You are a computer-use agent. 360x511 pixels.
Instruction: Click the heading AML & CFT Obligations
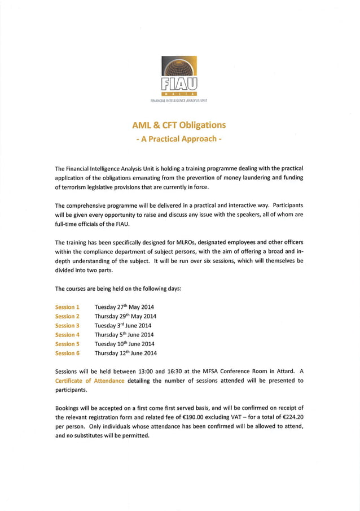pyautogui.click(x=179, y=125)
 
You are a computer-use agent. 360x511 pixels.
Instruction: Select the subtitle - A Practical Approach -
pyautogui.click(x=179, y=138)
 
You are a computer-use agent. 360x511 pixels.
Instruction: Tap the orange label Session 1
pyautogui.click(x=67, y=307)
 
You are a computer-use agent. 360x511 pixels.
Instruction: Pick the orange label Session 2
pyautogui.click(x=67, y=316)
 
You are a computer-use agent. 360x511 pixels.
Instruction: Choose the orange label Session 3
pyautogui.click(x=67, y=326)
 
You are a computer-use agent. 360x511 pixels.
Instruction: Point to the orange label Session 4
pyautogui.click(x=67, y=335)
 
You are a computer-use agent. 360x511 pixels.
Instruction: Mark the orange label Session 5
pyautogui.click(x=67, y=344)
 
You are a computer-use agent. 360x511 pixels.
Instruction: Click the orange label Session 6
pyautogui.click(x=67, y=353)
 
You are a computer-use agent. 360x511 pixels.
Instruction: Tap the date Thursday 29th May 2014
pyautogui.click(x=125, y=316)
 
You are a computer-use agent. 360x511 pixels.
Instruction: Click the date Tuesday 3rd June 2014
pyautogui.click(x=122, y=326)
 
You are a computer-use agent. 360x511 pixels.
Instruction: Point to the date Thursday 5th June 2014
pyautogui.click(x=124, y=335)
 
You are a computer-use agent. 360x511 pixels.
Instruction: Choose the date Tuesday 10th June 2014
pyautogui.click(x=124, y=344)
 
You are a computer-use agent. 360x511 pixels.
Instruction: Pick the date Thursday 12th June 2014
pyautogui.click(x=125, y=353)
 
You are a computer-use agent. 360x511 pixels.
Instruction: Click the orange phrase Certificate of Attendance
pyautogui.click(x=90, y=381)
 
